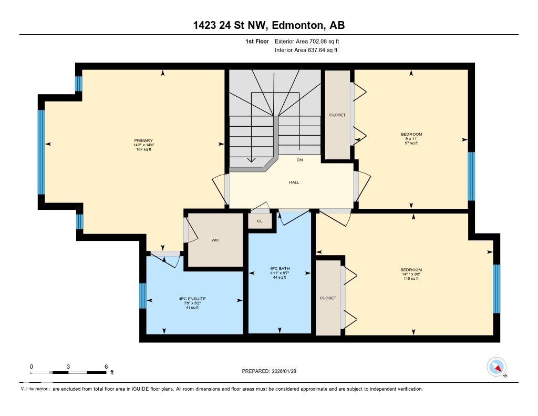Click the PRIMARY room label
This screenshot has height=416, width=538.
tap(143, 140)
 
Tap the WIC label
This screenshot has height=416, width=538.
tap(215, 240)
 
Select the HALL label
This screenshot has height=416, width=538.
tap(294, 182)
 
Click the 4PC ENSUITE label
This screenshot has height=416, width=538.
tap(189, 299)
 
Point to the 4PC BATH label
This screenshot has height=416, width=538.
tap(280, 269)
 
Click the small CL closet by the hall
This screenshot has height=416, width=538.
tap(260, 221)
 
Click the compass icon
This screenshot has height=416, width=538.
tap(496, 367)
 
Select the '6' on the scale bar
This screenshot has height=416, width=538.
tap(106, 367)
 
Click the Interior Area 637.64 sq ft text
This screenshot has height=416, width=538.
tap(306, 50)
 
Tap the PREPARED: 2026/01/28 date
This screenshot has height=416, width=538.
tap(273, 371)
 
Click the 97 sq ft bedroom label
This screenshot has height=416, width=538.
tap(411, 138)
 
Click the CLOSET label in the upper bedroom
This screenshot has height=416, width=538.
tap(337, 115)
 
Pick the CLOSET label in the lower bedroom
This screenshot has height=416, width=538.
tap(328, 298)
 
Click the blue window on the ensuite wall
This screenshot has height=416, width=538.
tap(142, 296)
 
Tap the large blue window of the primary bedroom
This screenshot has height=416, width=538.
tap(41, 152)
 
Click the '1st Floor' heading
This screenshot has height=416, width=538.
tap(257, 41)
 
